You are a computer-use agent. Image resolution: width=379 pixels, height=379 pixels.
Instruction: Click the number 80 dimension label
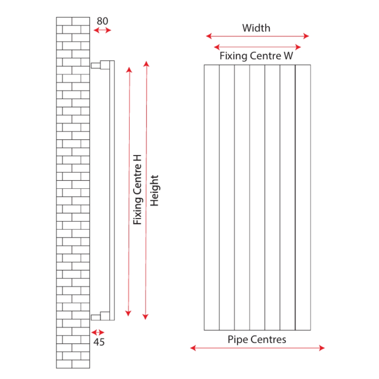102,21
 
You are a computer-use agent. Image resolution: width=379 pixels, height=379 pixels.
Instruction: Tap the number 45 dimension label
99,342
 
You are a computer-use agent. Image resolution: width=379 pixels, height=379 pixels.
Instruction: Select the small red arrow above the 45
98,332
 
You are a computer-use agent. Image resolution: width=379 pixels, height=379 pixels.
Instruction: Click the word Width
256,28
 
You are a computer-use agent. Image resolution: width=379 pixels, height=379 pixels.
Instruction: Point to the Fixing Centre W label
256,57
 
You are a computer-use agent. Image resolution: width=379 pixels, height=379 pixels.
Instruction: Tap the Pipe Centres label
257,339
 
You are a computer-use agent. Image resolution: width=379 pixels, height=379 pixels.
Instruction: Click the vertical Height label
155,190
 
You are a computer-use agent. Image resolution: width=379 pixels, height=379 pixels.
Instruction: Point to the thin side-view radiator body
112,189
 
